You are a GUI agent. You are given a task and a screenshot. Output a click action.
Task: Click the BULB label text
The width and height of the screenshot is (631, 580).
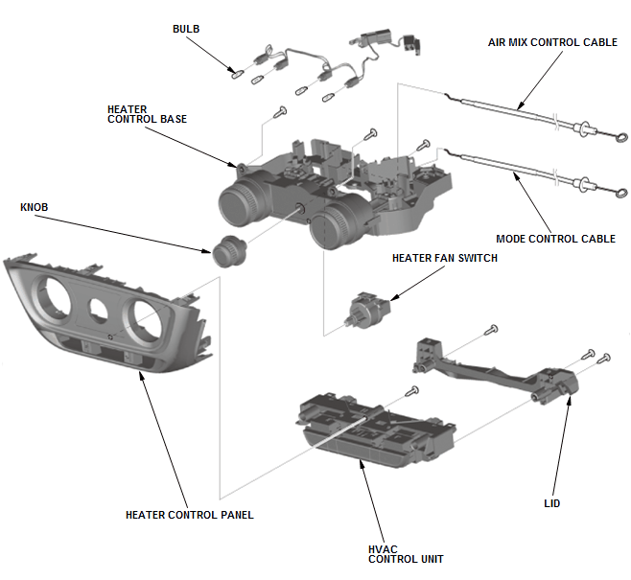click(187, 29)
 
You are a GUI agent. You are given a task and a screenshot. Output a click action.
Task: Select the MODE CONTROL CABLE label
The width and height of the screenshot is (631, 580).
click(555, 239)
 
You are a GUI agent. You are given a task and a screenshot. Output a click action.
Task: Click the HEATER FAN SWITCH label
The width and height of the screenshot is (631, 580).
click(445, 258)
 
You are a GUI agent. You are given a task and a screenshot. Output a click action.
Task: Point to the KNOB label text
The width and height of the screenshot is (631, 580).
click(35, 207)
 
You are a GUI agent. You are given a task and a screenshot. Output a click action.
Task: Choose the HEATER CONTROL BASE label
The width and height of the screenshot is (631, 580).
click(147, 114)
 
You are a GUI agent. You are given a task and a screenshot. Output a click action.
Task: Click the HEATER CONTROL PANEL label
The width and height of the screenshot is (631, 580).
click(190, 515)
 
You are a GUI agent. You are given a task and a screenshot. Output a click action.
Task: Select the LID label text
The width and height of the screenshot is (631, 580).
click(551, 503)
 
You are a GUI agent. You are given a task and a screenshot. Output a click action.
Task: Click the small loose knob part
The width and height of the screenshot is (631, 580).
click(228, 249)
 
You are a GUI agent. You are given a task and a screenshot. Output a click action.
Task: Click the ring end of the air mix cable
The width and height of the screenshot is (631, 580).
click(619, 135)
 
